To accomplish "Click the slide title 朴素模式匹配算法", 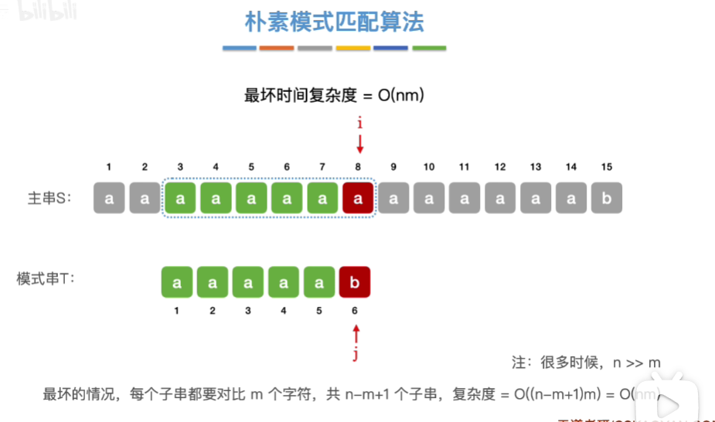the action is (x=335, y=22).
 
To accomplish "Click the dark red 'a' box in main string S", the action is (x=358, y=198).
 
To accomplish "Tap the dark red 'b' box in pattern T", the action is (x=355, y=283).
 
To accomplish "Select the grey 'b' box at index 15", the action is (x=607, y=198).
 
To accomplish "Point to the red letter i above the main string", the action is (x=359, y=123).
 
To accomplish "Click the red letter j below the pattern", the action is (x=356, y=355).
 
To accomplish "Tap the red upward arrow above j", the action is (x=356, y=334).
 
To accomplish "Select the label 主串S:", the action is (x=49, y=198).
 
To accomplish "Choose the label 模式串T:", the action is (x=45, y=278).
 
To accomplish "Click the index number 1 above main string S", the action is (x=109, y=167).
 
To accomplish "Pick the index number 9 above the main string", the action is (x=393, y=167).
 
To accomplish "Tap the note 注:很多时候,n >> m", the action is (x=586, y=362).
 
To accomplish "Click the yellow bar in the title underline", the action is (x=353, y=49).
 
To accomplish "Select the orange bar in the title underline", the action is (x=277, y=49).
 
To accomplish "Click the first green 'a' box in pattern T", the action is (x=177, y=283).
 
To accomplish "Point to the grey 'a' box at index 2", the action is (x=145, y=198).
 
